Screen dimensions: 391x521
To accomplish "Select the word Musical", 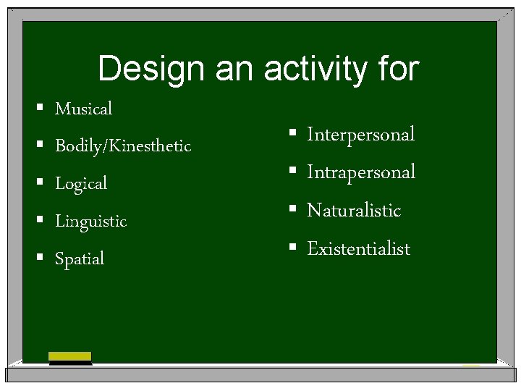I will click(84, 109).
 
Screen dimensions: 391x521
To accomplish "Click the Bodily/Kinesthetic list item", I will click(123, 146).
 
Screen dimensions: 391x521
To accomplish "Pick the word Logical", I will click(81, 184).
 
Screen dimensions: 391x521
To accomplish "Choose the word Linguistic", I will click(90, 221).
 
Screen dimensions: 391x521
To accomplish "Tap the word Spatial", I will click(80, 258).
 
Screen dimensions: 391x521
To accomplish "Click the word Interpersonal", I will click(360, 134).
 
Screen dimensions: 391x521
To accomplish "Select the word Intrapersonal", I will click(361, 172).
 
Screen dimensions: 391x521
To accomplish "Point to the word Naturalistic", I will click(354, 211).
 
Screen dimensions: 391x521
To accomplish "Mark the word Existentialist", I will click(358, 249).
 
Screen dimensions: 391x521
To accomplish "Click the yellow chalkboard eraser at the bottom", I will click(69, 357).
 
